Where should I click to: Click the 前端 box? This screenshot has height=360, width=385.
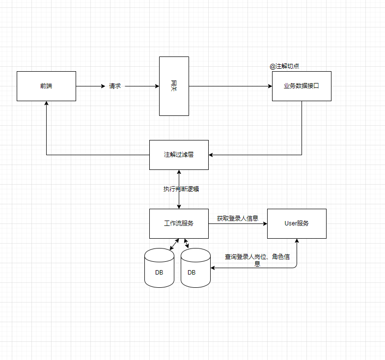(46, 86)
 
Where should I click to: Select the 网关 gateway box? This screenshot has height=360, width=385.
(174, 86)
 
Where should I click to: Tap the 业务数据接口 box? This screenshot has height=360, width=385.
(302, 86)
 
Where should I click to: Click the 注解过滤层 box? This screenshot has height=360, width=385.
(179, 155)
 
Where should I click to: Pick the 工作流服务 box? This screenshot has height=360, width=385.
(179, 223)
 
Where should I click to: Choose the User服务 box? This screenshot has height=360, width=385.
(297, 223)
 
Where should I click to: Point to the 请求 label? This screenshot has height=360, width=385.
(115, 86)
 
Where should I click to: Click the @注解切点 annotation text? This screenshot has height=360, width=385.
(284, 66)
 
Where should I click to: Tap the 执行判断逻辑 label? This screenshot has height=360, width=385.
(181, 189)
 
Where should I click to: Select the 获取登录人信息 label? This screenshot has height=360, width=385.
(238, 219)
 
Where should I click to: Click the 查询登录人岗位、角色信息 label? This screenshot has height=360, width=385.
(257, 260)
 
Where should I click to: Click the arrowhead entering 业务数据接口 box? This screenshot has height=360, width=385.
(270, 86)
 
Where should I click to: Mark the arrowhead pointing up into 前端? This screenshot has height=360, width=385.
(46, 104)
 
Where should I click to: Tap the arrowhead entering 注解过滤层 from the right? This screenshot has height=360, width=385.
(211, 155)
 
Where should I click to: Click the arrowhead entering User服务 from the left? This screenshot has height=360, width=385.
(265, 223)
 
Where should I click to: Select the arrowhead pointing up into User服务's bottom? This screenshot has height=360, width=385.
(297, 241)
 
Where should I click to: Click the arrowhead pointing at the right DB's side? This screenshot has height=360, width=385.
(213, 268)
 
